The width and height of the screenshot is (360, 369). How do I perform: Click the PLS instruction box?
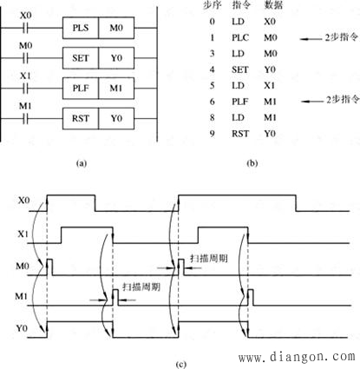point(81,28)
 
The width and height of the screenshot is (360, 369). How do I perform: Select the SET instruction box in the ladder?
point(81,58)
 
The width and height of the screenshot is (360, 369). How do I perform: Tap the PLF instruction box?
point(81,89)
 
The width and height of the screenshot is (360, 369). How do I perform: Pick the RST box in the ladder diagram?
point(81,118)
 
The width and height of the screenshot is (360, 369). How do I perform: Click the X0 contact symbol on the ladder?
point(26,28)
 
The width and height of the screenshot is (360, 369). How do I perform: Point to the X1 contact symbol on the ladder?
point(26,89)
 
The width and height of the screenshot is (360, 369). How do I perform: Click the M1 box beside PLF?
point(116,89)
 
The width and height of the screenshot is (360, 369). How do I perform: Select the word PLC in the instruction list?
point(240,37)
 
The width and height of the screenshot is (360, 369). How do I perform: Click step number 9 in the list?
point(213,134)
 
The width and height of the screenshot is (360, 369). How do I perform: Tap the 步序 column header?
point(213,5)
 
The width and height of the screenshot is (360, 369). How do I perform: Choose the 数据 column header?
point(273,5)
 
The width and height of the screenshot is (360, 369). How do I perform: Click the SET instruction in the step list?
point(240,69)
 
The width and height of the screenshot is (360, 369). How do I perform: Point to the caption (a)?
point(82,163)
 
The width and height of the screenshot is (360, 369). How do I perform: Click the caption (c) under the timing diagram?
point(181,365)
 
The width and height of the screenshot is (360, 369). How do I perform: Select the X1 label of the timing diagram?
point(23,234)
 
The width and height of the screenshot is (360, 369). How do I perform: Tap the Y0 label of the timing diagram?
point(22,328)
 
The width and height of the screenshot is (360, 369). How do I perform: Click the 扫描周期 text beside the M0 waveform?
point(209,258)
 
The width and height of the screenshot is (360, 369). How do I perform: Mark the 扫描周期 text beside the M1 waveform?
point(141,287)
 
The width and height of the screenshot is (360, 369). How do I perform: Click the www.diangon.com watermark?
point(297,357)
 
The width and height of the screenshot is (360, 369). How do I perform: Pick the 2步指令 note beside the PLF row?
point(343,100)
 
